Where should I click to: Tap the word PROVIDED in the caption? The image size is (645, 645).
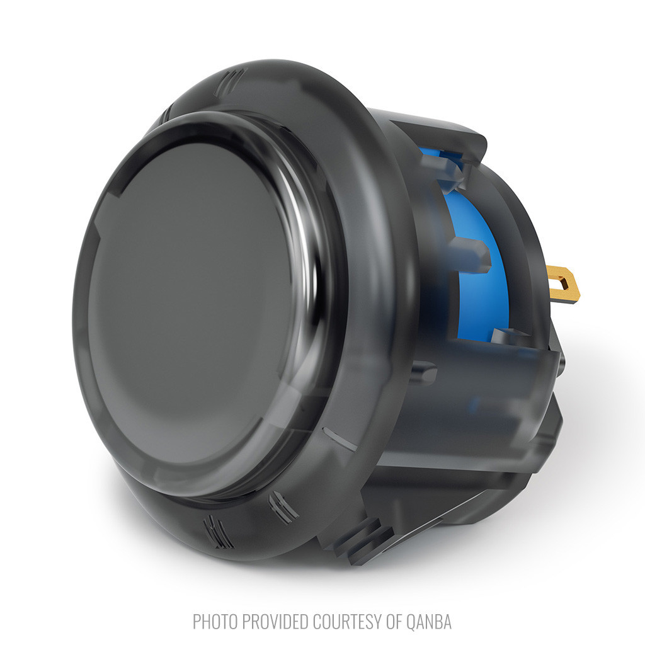[275, 622]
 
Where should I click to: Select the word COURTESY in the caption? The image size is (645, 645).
[347, 622]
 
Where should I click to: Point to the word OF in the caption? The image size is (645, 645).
[395, 622]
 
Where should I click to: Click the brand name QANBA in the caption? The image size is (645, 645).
[430, 622]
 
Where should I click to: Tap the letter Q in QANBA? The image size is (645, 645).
[412, 622]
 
